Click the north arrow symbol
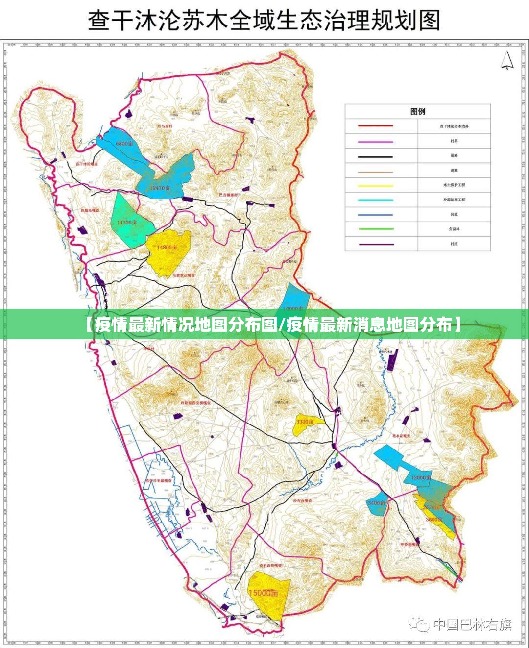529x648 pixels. [x=506, y=61]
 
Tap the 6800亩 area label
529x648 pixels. [x=124, y=144]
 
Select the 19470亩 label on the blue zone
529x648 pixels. [x=160, y=188]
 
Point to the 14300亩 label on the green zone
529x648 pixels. [x=127, y=222]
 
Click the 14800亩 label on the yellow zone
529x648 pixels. [x=167, y=248]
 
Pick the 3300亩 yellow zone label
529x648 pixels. [x=305, y=422]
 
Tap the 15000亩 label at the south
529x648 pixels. [x=263, y=593]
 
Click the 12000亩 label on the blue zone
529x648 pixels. [x=421, y=477]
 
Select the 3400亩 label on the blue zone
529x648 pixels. [x=377, y=503]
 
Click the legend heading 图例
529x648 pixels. [x=417, y=112]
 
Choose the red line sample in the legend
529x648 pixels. [x=375, y=126]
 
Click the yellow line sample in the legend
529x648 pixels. [x=375, y=185]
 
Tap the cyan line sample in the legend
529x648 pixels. [x=375, y=200]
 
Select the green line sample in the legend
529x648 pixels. [x=375, y=229]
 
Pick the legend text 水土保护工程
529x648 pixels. [x=454, y=185]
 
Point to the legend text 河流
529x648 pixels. [x=454, y=215]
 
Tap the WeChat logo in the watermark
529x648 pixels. [x=419, y=624]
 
